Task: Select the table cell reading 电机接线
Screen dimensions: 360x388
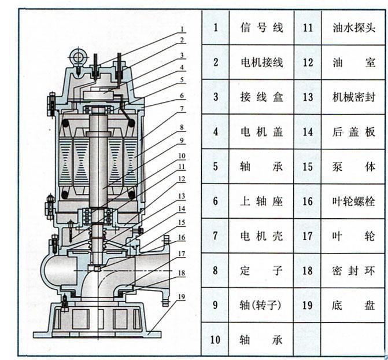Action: [261, 62]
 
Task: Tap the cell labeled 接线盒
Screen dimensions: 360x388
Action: [261, 97]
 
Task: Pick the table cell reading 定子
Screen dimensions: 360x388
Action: [261, 270]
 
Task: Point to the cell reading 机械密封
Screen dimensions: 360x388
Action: [354, 97]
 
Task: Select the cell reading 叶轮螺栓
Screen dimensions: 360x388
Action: [354, 201]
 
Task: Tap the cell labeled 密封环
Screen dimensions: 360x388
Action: [354, 270]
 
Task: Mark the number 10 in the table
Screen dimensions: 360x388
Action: [216, 340]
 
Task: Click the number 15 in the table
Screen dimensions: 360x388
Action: [308, 167]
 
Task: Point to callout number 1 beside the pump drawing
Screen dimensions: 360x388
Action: [182, 29]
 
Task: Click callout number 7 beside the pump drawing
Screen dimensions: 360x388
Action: [182, 108]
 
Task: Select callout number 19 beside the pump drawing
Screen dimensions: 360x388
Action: [182, 297]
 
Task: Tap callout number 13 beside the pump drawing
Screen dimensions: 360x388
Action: [182, 196]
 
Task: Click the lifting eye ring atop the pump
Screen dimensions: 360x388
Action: [77, 56]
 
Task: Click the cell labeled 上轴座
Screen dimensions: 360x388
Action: [261, 201]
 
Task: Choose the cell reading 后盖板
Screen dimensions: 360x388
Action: [354, 132]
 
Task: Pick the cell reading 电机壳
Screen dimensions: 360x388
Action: [261, 236]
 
